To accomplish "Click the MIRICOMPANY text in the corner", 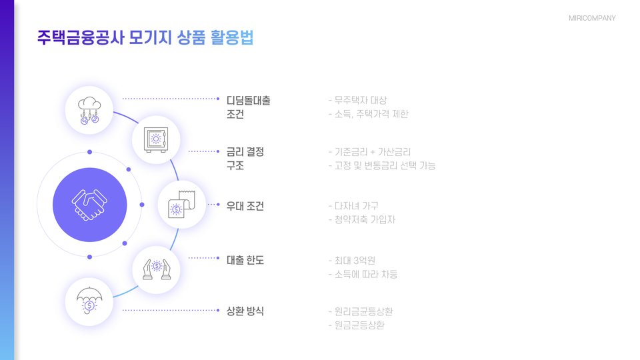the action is tap(592, 18).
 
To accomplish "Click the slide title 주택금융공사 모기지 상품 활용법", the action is tap(145, 38).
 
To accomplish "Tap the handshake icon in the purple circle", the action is tap(89, 205).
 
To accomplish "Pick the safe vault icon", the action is tap(155, 140).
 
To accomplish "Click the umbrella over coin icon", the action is tap(89, 301).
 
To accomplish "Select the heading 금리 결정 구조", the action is tap(245, 158).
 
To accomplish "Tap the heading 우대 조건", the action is tap(245, 206).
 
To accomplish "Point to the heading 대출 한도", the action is tap(245, 259).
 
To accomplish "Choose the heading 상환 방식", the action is tap(245, 311).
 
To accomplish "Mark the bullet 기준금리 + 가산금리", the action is tap(377, 152).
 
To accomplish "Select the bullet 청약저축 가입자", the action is tap(365, 219).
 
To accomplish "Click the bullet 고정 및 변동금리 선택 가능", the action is tap(385, 165).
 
